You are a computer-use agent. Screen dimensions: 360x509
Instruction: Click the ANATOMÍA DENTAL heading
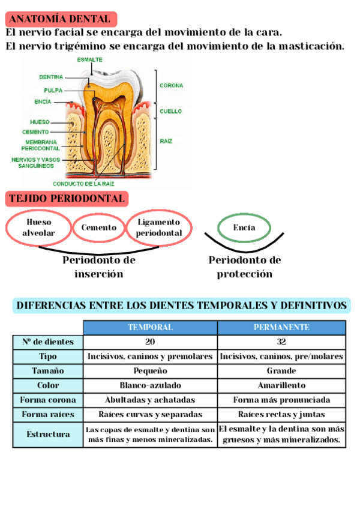[x=61, y=19]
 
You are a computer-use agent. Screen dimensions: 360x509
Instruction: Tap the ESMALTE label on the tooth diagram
[x=89, y=59]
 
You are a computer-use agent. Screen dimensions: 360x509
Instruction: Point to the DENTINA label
[x=51, y=77]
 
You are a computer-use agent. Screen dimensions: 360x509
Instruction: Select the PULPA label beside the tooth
[x=53, y=90]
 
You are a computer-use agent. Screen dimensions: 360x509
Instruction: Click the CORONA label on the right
[x=171, y=86]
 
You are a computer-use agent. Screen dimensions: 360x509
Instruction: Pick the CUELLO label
[x=170, y=111]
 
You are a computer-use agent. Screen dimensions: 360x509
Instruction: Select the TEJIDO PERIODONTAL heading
[x=67, y=199]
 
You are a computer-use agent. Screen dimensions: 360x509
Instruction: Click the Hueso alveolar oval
[x=38, y=227]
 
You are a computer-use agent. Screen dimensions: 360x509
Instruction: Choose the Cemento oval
[x=99, y=228]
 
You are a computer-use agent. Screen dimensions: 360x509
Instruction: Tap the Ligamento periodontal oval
[x=159, y=227]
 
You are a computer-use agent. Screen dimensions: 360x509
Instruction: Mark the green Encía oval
[x=244, y=228]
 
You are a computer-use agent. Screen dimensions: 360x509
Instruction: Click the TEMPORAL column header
[x=150, y=328]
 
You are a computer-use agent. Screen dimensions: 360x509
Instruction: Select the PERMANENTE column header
[x=281, y=328]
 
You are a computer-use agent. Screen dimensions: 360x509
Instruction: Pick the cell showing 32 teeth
[x=281, y=342]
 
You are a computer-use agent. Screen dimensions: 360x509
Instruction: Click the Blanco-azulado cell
[x=150, y=385]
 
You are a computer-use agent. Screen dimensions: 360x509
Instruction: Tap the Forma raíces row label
[x=48, y=415]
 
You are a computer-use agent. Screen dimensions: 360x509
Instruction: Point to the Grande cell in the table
[x=281, y=371]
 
